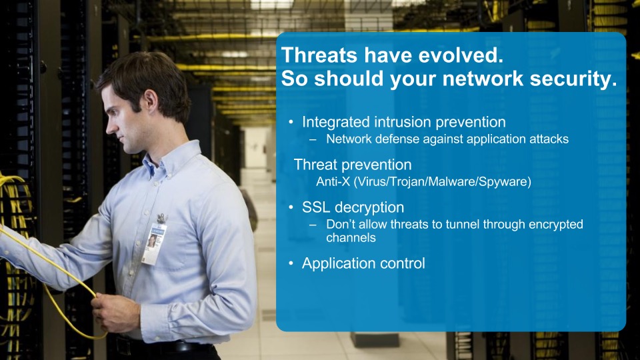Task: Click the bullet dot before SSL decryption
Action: point(291,207)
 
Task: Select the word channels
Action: point(351,237)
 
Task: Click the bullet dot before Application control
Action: point(291,263)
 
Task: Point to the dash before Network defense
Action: point(313,139)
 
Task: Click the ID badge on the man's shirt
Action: point(154,244)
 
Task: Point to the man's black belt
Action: point(163,347)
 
